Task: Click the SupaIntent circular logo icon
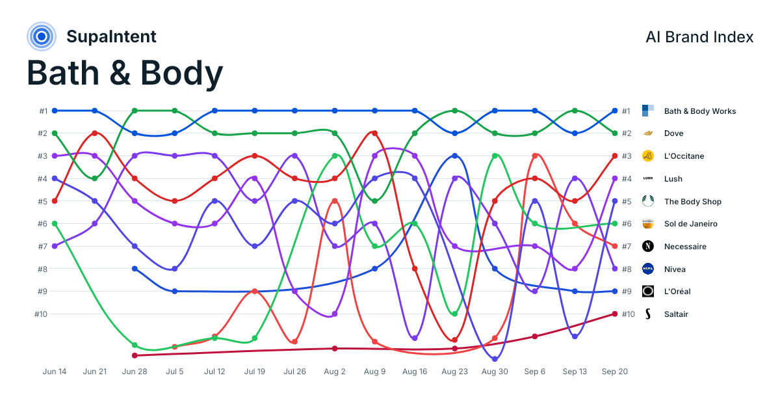coord(42,36)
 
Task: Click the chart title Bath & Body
coord(125,73)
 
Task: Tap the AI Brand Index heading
coord(699,37)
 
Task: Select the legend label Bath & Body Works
coord(700,111)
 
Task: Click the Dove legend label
coord(673,133)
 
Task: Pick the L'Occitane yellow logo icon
coord(647,156)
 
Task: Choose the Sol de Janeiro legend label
coord(690,224)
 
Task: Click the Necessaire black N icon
coord(647,246)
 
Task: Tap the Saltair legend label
coord(676,314)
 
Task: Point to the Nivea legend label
coord(675,269)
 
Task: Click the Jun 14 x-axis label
coord(55,372)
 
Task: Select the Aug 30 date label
coord(495,372)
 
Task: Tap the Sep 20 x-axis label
coord(615,372)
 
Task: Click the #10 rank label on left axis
coord(41,314)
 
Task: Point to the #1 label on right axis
coord(626,111)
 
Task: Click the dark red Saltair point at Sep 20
coord(615,314)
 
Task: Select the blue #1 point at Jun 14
coord(55,111)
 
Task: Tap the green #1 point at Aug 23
coord(455,111)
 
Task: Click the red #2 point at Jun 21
coord(95,133)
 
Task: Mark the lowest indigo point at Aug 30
coord(495,359)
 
